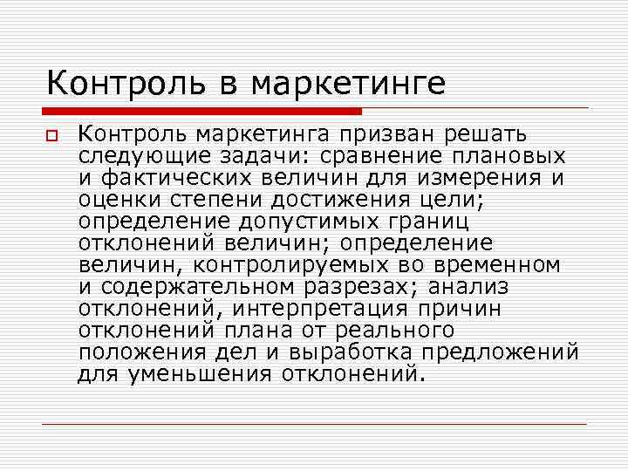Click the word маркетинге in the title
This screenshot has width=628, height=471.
point(348,84)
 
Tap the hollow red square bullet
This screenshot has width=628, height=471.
point(52,137)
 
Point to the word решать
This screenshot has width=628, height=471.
point(485,134)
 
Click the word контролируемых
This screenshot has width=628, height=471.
point(317,265)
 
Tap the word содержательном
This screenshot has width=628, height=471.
point(193,287)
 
